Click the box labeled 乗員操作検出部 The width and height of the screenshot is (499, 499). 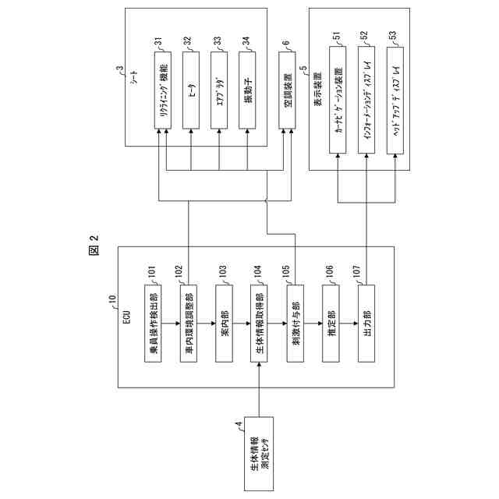153,324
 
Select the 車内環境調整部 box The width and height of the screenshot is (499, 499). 189,324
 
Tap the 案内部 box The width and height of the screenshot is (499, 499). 224,324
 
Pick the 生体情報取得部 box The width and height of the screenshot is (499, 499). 259,324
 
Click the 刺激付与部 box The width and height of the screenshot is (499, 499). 296,324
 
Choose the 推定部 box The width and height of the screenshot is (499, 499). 331,324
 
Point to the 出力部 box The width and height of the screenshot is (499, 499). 366,324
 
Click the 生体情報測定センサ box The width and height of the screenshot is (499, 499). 259,454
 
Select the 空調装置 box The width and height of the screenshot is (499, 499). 287,90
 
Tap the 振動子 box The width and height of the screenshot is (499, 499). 247,90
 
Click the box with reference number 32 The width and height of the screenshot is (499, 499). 191,90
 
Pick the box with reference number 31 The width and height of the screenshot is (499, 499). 163,90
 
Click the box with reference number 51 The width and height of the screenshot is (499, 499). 338,100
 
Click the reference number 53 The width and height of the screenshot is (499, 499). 392,37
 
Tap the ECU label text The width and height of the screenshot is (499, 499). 127,317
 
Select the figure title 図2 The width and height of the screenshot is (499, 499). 94,244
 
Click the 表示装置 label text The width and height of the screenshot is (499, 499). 317,89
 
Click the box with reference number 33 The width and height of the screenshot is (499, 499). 219,90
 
